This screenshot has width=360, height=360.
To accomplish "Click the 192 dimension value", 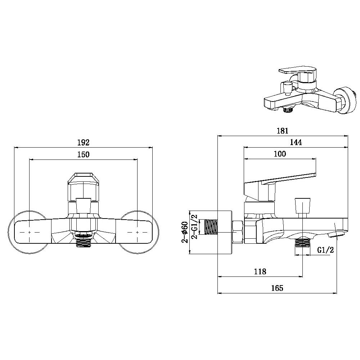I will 83,142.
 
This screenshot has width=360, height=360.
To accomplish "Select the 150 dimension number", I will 83,155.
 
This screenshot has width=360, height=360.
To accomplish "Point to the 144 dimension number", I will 296,143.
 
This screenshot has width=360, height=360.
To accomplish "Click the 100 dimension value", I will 280,154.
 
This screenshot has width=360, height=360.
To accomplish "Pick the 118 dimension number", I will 260,272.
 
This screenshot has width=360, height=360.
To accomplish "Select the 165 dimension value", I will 278,288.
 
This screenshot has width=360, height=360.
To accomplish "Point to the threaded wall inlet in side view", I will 211,232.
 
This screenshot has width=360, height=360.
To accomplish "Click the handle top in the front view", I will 83,178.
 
